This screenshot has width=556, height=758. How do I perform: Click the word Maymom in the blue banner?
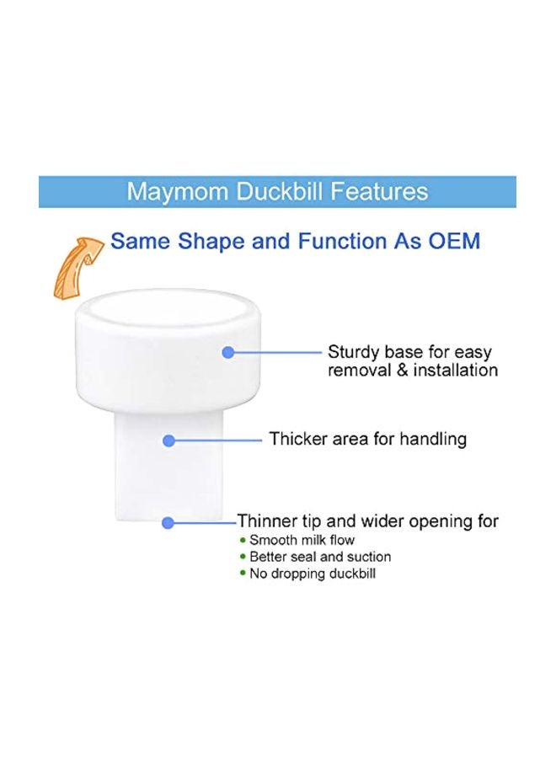point(177,191)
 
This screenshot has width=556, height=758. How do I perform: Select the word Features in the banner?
point(379,191)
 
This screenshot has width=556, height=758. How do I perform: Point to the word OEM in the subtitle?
point(454,241)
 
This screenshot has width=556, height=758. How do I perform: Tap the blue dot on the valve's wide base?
point(228,352)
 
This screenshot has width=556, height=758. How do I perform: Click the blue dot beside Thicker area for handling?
point(168,440)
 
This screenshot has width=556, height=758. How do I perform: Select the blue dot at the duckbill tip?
point(168,522)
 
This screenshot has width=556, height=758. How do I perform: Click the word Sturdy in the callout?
point(354,352)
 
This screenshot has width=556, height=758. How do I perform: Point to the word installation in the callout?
point(456,371)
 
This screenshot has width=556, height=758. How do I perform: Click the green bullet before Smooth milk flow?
point(243,540)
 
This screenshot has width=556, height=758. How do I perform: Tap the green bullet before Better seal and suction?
point(243,557)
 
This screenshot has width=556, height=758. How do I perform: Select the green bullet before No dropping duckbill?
point(243,574)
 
